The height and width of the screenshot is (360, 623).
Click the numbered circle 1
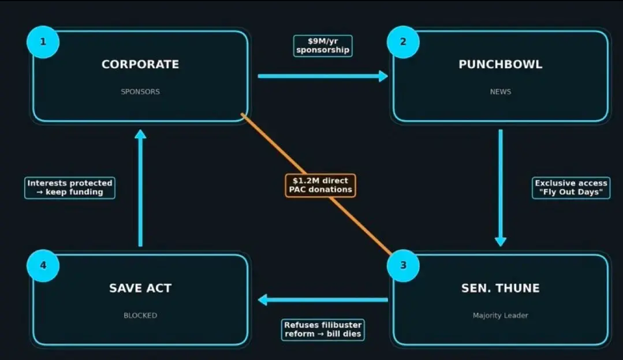(x=43, y=42)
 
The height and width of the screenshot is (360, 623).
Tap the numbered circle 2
(x=403, y=42)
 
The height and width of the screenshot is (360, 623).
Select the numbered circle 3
(x=403, y=265)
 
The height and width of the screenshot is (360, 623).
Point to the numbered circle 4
(x=43, y=265)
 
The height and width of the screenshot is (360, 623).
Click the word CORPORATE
(x=140, y=64)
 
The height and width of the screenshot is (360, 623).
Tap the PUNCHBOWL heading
(x=500, y=64)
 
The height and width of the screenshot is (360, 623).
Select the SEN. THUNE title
(x=500, y=288)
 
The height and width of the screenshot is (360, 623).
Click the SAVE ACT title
(x=140, y=288)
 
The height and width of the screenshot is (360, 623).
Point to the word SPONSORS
(x=140, y=91)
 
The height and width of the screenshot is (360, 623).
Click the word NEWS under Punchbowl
(x=500, y=91)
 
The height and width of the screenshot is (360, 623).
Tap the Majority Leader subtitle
(x=500, y=316)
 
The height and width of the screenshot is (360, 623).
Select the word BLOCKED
(x=140, y=316)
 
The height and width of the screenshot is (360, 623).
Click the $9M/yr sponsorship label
(x=323, y=46)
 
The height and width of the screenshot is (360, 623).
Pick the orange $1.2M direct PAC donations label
(x=320, y=185)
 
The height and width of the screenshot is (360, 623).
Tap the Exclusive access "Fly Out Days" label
(x=571, y=188)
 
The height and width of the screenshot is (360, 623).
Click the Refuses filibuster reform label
(x=323, y=329)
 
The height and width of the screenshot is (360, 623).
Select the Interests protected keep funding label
(x=70, y=188)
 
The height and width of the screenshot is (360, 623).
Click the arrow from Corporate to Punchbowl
(x=322, y=76)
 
